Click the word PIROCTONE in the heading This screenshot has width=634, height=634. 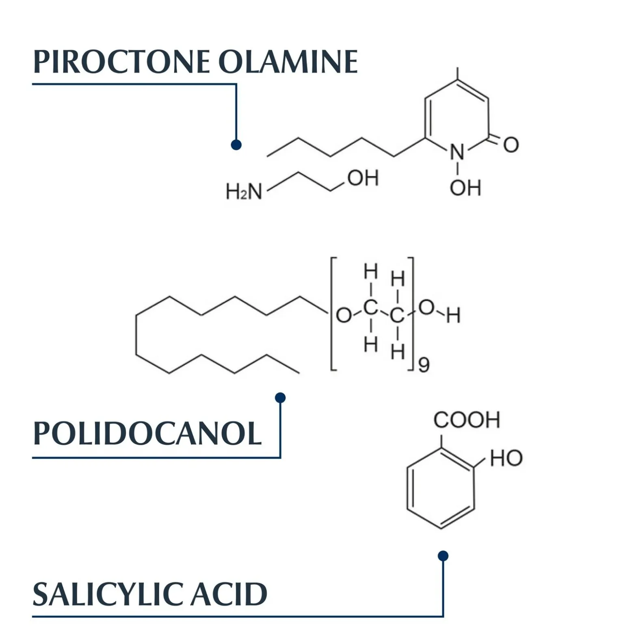[x=121, y=62]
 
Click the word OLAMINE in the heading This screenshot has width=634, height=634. [x=288, y=62]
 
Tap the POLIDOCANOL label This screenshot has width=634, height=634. [x=147, y=433]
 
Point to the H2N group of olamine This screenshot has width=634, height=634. [x=244, y=191]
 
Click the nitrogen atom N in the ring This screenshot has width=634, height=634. [x=457, y=152]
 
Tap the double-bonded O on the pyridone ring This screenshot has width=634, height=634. [x=511, y=145]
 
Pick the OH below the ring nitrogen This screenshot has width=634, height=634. [x=465, y=188]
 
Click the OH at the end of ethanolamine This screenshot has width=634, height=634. [x=363, y=178]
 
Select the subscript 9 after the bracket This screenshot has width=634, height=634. [x=424, y=365]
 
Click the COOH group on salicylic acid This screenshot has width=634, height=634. [x=467, y=420]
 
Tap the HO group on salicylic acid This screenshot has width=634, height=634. [x=506, y=458]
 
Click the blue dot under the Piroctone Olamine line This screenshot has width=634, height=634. [x=236, y=145]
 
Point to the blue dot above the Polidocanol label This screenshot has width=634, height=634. [x=280, y=398]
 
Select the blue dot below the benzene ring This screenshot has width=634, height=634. [x=443, y=556]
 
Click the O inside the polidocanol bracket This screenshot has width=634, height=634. [x=344, y=315]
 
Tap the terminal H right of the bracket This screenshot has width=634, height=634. [x=453, y=315]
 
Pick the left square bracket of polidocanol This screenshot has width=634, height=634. [x=331, y=314]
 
